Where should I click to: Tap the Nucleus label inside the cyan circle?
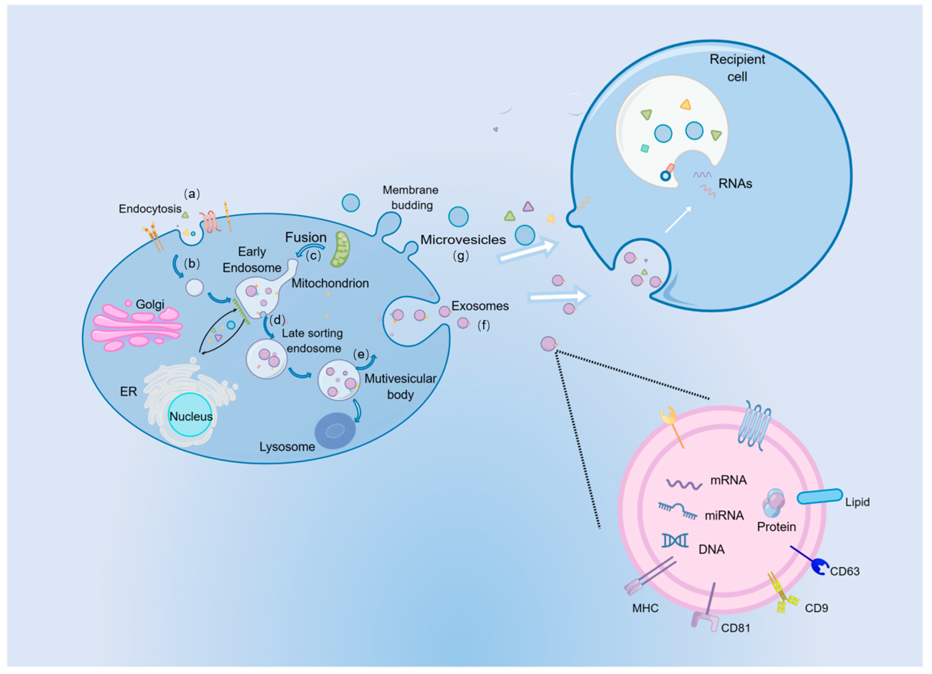click(191, 417)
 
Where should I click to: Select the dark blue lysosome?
click(335, 431)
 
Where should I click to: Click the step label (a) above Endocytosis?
click(192, 194)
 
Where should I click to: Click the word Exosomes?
click(480, 306)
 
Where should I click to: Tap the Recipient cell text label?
click(737, 68)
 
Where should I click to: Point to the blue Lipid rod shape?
click(819, 496)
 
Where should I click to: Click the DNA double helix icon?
click(675, 541)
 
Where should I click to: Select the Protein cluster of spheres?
click(774, 503)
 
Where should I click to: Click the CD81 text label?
click(736, 628)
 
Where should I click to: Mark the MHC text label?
click(645, 608)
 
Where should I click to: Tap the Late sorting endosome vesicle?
click(266, 359)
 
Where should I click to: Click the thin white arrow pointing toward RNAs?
click(678, 220)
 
